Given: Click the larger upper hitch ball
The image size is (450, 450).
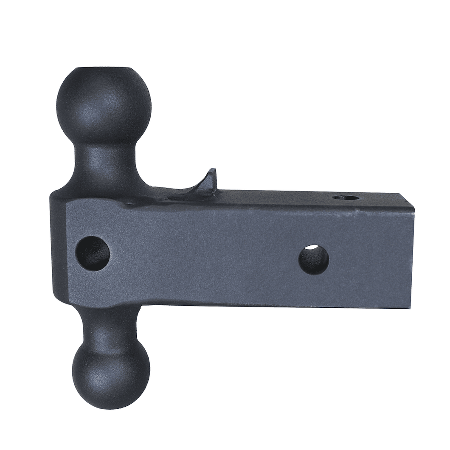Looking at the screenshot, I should (104, 104).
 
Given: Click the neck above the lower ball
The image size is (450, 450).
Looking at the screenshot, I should (110, 323).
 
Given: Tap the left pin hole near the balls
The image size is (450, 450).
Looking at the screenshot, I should (93, 253).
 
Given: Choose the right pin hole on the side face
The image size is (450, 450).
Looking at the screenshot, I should (314, 259).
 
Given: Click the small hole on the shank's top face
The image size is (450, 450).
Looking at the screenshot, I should (346, 197).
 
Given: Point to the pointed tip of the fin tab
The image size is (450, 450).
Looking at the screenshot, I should (213, 170).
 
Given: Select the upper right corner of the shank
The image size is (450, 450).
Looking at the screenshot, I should (413, 207).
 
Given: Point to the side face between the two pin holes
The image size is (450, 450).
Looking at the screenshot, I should (204, 255).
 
